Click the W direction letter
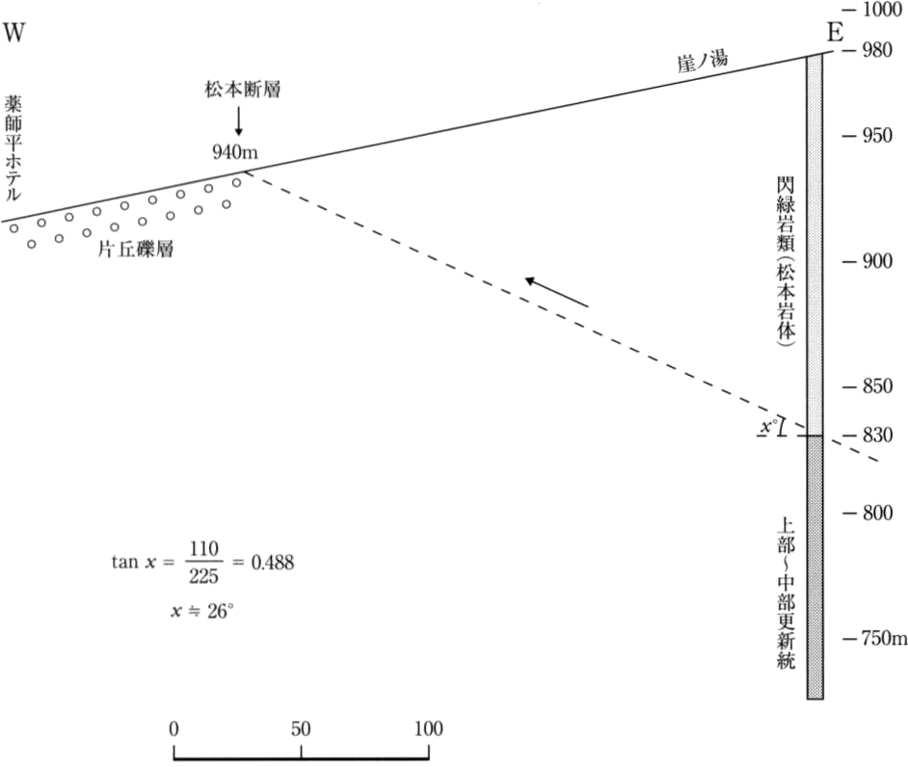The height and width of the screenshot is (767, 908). point(14,33)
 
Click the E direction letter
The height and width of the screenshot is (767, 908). point(835,33)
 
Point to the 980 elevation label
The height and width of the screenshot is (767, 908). point(877,50)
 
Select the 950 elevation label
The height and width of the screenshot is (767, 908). point(877,136)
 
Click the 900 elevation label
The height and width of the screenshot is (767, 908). point(877,261)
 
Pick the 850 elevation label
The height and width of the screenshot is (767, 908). point(877,386)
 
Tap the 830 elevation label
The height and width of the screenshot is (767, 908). point(877,435)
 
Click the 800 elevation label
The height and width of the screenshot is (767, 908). point(877,513)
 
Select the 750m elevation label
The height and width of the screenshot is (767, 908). point(884,638)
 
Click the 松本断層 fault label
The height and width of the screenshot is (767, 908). point(242,90)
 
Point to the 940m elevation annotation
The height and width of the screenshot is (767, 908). point(234,152)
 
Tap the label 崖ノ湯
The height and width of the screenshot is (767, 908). point(703,61)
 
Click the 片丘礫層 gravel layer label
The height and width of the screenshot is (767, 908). point(136,249)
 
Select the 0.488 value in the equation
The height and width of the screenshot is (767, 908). point(272,562)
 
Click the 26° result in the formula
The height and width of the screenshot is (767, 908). point(221,611)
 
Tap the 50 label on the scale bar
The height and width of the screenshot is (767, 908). point(301,728)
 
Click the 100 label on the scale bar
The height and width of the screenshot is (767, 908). point(429,728)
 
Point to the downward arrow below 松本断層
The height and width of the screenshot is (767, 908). point(238,120)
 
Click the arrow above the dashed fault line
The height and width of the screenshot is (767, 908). point(556,292)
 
